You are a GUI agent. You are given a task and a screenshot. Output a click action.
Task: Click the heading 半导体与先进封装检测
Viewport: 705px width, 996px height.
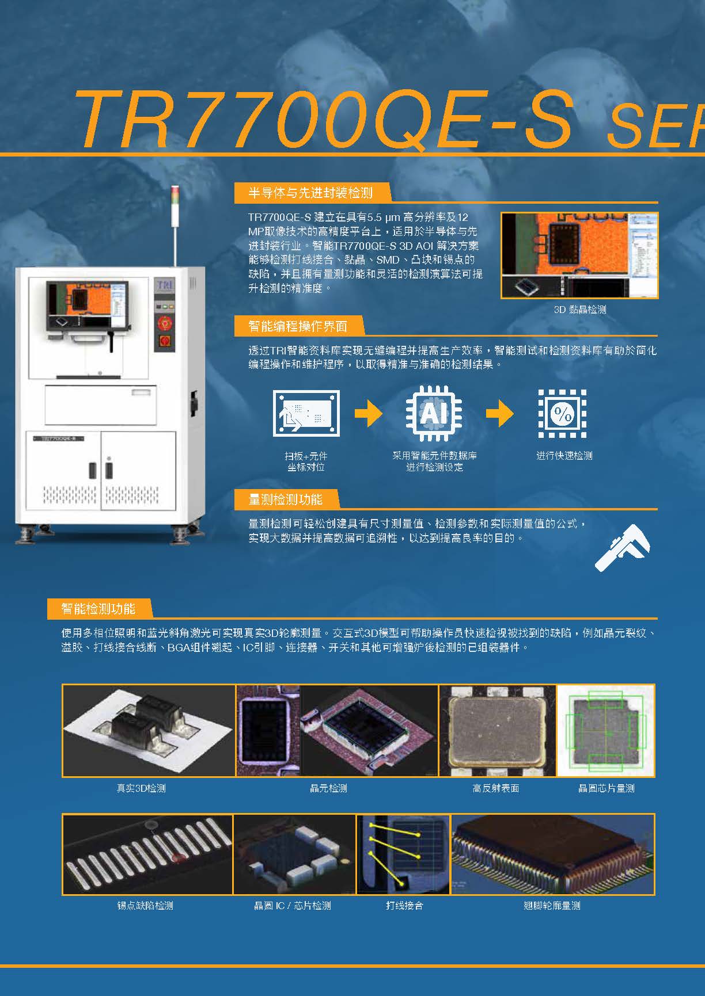[x=310, y=193]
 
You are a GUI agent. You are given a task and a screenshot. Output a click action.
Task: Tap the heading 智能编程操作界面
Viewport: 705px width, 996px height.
[x=298, y=326]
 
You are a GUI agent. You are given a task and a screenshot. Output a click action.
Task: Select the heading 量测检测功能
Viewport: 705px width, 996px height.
[x=285, y=499]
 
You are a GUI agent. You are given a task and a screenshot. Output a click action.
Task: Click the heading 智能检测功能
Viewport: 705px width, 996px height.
[x=98, y=609]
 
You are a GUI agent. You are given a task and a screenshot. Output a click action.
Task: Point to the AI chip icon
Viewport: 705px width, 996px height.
[x=434, y=413]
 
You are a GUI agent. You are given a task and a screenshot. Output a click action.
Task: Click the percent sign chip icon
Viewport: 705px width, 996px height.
[x=562, y=413]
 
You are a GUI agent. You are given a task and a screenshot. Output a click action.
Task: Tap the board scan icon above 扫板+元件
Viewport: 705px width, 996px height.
[x=306, y=413]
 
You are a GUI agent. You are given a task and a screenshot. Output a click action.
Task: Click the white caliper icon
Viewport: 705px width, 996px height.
[x=623, y=548]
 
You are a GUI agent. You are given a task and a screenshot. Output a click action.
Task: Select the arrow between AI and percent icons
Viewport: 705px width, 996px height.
[x=500, y=413]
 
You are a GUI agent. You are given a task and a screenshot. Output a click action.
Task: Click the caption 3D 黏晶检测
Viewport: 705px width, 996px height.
[x=579, y=310]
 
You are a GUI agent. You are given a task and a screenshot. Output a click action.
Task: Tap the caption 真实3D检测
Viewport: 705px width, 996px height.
[x=141, y=788]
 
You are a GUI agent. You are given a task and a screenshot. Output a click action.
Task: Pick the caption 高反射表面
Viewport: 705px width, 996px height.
[x=496, y=788]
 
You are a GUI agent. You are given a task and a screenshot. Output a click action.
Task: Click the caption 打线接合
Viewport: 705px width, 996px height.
[x=404, y=906]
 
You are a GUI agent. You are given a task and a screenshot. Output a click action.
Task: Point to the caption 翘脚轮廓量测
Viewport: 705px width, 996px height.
[x=552, y=906]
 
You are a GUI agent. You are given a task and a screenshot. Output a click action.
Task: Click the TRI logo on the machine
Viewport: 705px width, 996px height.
[x=164, y=285]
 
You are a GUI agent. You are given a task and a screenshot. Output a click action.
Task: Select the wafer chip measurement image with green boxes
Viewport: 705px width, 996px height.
[x=606, y=730]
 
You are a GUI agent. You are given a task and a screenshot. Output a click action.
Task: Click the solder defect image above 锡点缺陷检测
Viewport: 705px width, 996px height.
[x=147, y=854]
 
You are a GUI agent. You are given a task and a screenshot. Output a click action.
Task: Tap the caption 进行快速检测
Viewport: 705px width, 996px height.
[x=564, y=456]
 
